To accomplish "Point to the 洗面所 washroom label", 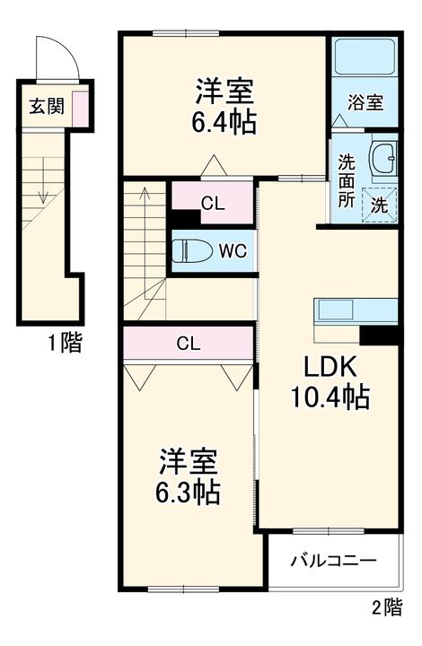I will click(346, 179).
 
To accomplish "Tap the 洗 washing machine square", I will click(380, 204).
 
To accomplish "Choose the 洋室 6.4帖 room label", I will click(225, 106).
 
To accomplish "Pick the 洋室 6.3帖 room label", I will click(189, 476).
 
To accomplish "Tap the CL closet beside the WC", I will click(213, 203).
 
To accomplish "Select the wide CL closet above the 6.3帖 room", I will click(188, 343).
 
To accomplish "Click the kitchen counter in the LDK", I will click(355, 310).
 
